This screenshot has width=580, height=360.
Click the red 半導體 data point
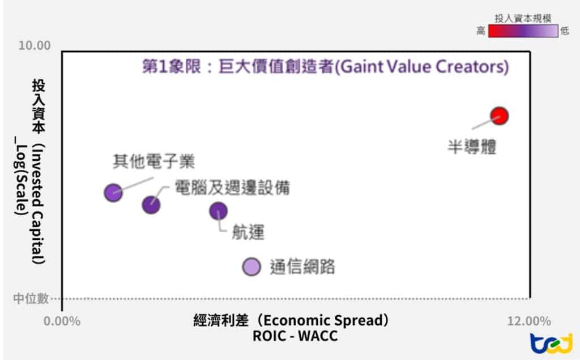pyautogui.click(x=499, y=115)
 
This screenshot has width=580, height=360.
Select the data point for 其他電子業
pyautogui.click(x=113, y=192)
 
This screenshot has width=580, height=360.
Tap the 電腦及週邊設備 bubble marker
pyautogui.click(x=151, y=204)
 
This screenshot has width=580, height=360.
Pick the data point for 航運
pyautogui.click(x=218, y=211)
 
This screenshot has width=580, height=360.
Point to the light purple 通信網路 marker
pyautogui.click(x=251, y=267)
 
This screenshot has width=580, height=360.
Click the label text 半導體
pyautogui.click(x=472, y=148)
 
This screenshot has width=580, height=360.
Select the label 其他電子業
pyautogui.click(x=153, y=162)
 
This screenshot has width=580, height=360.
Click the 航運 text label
pyautogui.click(x=248, y=232)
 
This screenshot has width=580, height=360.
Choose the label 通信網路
pyautogui.click(x=302, y=266)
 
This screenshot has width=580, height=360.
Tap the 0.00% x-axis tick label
pyautogui.click(x=62, y=322)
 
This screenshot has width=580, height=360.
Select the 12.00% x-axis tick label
pyautogui.click(x=529, y=322)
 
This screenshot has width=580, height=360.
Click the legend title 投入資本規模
pyautogui.click(x=523, y=19)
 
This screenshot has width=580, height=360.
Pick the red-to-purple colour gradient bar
pyautogui.click(x=523, y=31)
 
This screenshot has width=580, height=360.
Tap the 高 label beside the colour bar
pyautogui.click(x=481, y=31)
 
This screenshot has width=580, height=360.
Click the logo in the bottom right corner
pyautogui.click(x=551, y=343)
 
